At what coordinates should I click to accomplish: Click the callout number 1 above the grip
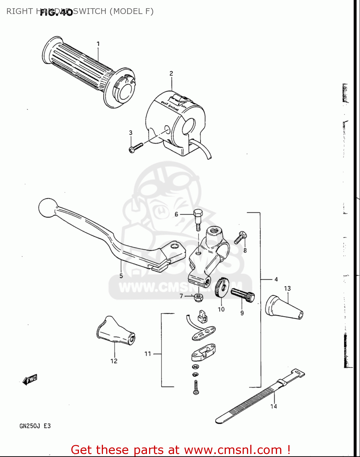tap(98, 44)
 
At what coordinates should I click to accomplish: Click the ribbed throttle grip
tap(85, 70)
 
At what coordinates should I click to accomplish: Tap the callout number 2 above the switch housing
tap(171, 73)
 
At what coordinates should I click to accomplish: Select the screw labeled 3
tap(136, 148)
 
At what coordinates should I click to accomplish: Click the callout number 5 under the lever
tap(121, 276)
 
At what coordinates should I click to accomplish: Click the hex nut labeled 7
tap(198, 297)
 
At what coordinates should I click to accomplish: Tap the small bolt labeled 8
tap(241, 237)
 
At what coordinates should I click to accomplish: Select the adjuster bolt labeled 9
tap(243, 295)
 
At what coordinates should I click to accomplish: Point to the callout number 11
tap(148, 354)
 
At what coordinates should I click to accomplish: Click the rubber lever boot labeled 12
tap(115, 331)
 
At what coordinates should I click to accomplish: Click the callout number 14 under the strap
tap(273, 406)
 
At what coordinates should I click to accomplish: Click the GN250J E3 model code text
tap(35, 426)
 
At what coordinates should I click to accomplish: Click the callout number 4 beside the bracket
tap(276, 279)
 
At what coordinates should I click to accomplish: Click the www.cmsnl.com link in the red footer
tap(233, 450)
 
